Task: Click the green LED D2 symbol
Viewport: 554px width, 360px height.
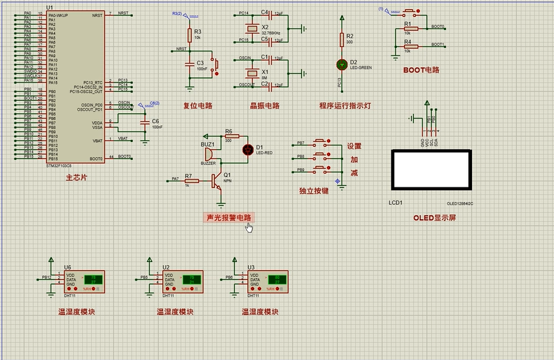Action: click(x=342, y=64)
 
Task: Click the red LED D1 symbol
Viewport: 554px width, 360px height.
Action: click(x=247, y=149)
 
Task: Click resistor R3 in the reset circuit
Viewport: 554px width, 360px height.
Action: click(x=189, y=33)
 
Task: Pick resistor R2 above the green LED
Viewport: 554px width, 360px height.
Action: click(x=342, y=40)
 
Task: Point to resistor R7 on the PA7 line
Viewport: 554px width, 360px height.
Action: click(x=191, y=180)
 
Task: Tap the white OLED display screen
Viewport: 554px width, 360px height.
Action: click(x=430, y=169)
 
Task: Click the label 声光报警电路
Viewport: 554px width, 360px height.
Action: click(x=229, y=217)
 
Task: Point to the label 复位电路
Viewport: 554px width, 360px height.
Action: click(x=198, y=105)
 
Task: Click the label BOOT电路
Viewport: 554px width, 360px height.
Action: click(x=421, y=70)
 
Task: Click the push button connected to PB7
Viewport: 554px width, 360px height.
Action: click(x=322, y=143)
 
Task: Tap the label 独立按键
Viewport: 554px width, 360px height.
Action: click(x=314, y=191)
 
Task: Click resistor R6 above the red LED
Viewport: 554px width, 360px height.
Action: click(x=232, y=136)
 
